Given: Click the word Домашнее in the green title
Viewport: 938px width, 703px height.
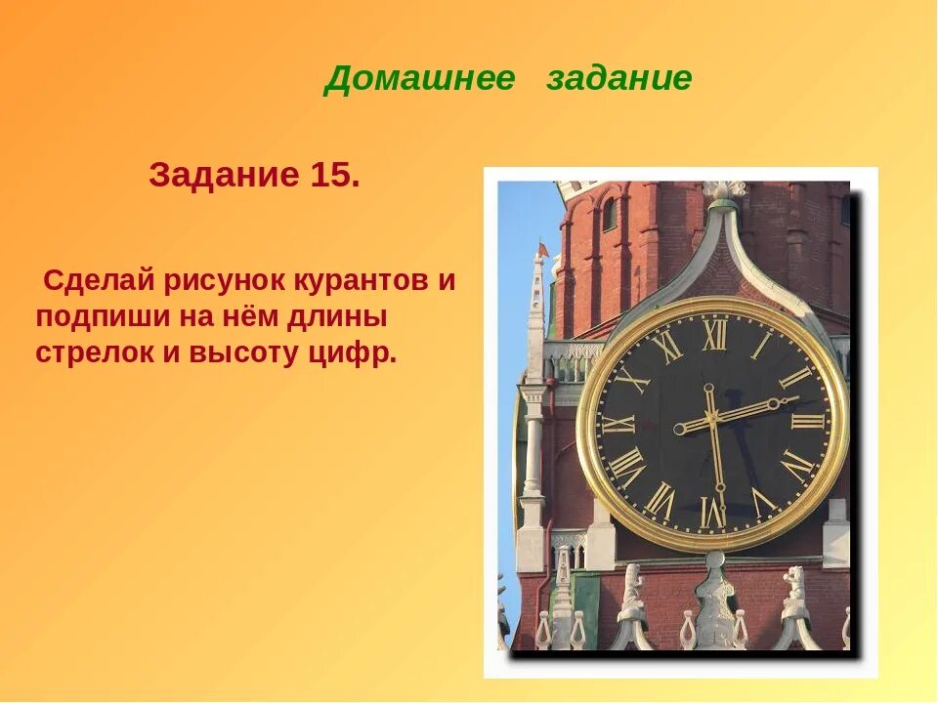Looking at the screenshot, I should pos(419,79).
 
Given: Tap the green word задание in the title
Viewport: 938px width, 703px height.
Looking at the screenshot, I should pos(619,79).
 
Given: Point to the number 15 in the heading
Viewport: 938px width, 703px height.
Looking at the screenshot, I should pos(334,177).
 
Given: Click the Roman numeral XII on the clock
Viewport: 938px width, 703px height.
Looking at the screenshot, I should pos(714,335).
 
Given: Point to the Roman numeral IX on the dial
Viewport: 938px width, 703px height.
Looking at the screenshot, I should pos(618,424).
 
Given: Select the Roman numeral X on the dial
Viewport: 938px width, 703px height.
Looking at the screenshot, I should pos(631,378).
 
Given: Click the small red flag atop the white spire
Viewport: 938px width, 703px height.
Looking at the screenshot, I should pos(542,248).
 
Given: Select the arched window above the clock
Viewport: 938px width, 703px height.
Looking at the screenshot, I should pos(609,213).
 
